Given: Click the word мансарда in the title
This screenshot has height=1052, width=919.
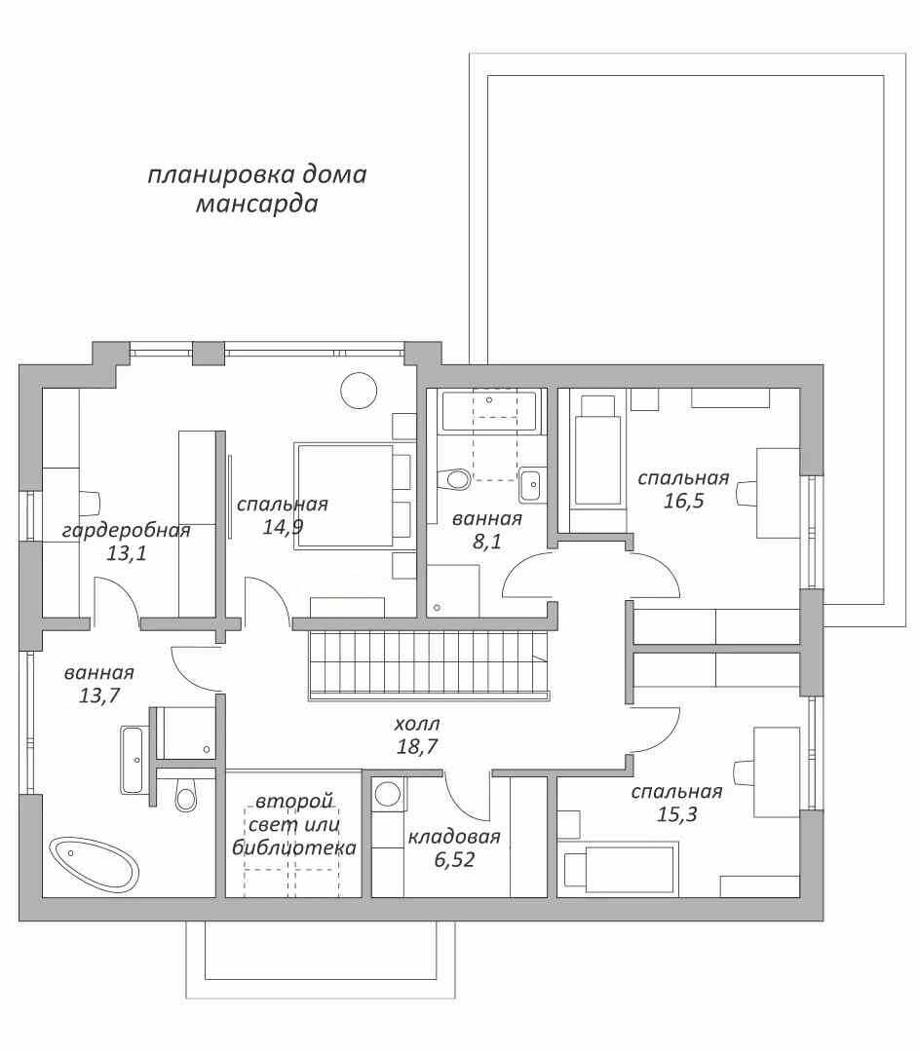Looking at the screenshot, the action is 256,203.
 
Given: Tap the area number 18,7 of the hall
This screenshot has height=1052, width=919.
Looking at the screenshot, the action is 417,746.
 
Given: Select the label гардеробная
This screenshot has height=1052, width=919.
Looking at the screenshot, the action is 126,531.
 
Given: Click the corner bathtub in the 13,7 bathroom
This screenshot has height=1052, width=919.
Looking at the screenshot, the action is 94,864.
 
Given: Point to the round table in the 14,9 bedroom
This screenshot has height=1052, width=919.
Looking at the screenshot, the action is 359,389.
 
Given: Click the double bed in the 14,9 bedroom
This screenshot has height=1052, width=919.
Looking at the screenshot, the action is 343,496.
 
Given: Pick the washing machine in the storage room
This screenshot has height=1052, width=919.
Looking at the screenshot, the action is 387,795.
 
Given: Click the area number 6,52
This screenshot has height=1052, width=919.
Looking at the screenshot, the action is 454,859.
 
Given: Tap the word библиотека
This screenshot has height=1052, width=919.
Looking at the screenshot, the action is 294,847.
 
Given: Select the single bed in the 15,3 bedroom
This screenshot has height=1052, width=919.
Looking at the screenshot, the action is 618,870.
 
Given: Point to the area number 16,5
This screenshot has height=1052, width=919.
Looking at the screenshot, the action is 683,501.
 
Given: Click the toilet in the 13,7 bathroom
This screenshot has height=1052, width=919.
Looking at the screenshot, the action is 186,795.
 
